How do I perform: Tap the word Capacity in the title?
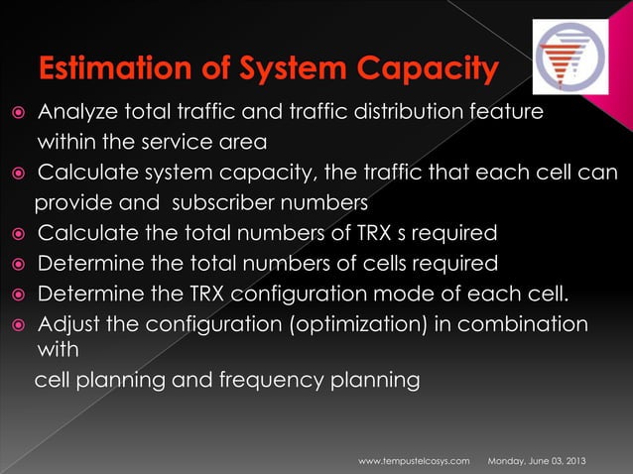click(x=425, y=70)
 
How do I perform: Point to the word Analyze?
click(x=77, y=112)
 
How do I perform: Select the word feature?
click(x=505, y=112)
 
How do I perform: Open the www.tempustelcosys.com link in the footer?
click(x=413, y=463)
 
